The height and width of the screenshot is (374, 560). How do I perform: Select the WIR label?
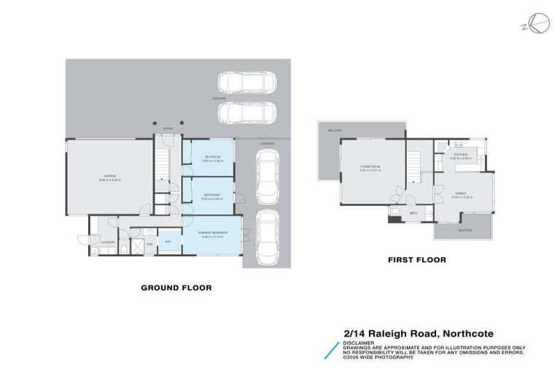[168, 241]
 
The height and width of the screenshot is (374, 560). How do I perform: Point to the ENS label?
[149, 243]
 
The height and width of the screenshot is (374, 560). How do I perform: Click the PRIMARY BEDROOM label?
[213, 233]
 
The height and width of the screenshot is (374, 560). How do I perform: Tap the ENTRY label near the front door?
[167, 127]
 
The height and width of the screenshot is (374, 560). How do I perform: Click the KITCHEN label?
[461, 155]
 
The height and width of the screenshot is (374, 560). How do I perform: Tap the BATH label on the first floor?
[413, 213]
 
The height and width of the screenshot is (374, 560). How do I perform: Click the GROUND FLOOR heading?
[176, 288]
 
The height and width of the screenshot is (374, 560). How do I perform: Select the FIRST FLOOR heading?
[416, 259]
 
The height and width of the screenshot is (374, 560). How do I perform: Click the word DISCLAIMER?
[357, 342]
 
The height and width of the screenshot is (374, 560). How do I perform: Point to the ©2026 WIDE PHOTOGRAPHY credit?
[378, 357]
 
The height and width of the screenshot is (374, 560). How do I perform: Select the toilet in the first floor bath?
[392, 213]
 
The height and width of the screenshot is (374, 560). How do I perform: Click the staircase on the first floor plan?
[415, 164]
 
